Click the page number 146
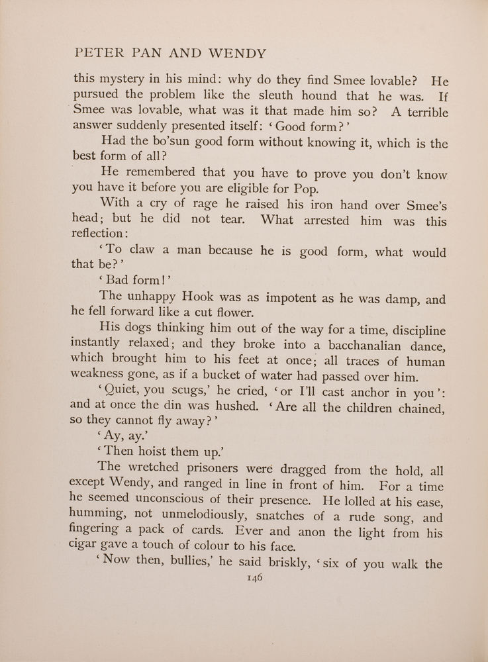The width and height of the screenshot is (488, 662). point(254,577)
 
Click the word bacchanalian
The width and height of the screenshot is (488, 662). point(348,346)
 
